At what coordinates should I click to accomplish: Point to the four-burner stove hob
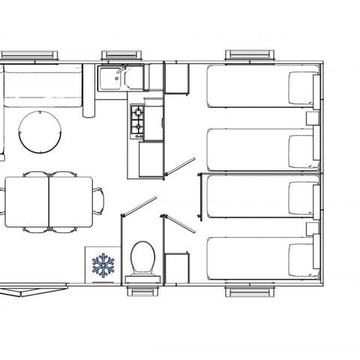pyautogui.click(x=139, y=122)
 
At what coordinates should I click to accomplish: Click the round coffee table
pyautogui.click(x=36, y=130)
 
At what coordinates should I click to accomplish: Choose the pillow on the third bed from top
pyautogui.click(x=303, y=196)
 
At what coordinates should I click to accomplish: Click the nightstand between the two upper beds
pyautogui.click(x=313, y=118)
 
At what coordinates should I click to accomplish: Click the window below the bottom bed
pyautogui.click(x=247, y=292)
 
